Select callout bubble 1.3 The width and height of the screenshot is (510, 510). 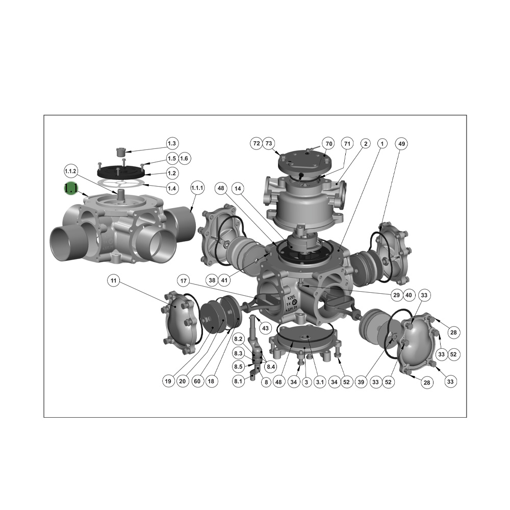coord(172,143)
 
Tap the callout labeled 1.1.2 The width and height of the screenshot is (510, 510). coord(70,170)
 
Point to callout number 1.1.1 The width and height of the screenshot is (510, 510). coord(197,188)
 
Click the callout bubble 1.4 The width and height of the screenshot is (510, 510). coord(172,188)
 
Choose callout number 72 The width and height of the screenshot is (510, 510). coord(256,144)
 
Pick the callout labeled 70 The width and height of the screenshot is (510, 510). coord(329,144)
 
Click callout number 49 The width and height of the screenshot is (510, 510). coord(402,144)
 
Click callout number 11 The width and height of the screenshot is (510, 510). coord(114,280)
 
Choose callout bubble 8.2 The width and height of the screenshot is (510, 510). coord(238,339)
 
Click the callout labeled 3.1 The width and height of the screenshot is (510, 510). coord(319,381)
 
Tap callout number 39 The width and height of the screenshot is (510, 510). coord(362,381)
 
